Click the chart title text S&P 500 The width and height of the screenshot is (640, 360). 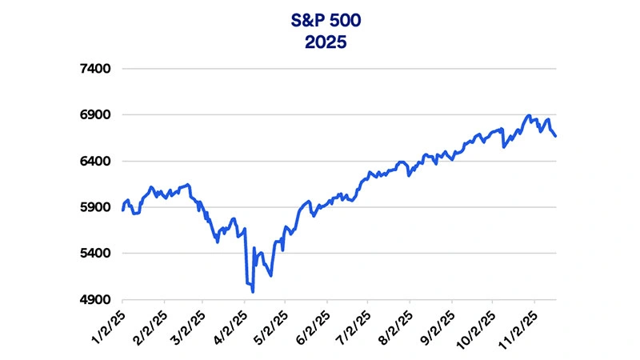tap(320, 18)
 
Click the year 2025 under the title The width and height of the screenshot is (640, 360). tap(320, 41)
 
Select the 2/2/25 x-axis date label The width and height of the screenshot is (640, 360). tap(153, 323)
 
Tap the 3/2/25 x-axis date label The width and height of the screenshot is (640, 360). tap(191, 323)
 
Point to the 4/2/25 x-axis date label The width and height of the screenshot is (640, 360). tap(233, 323)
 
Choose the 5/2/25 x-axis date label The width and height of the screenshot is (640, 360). tap(274, 323)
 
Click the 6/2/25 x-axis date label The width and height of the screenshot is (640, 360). tap(315, 323)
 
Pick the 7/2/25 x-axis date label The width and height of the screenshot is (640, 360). tap(356, 323)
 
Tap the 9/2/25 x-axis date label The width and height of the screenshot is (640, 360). tap(440, 323)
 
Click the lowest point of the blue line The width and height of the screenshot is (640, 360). tap(253, 292)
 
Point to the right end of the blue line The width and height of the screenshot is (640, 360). tap(555, 136)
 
